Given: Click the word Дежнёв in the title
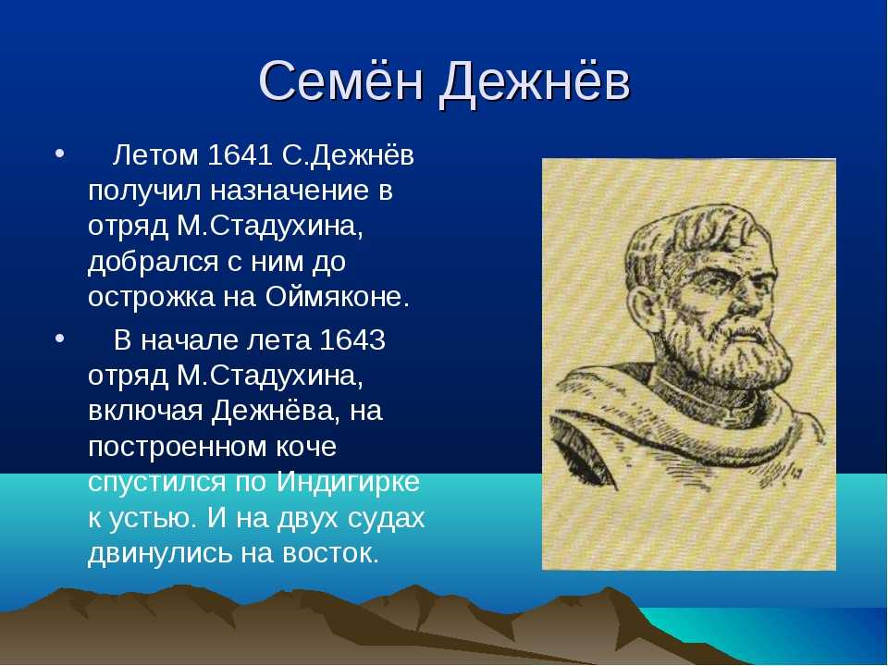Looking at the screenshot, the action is coord(534,81).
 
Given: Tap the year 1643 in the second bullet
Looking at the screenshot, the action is coord(352,339).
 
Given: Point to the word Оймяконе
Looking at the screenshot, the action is coord(337,297).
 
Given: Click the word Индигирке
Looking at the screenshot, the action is coord(349,482).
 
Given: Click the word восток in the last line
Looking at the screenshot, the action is coord(330,553).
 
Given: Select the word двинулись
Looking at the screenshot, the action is coord(160,553).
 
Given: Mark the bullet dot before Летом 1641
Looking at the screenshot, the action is coord(59,154).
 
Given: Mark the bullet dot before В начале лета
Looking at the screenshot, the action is coord(59,339).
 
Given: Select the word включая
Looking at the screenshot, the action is coord(145,412).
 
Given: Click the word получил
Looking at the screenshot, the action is coord(144,191).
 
